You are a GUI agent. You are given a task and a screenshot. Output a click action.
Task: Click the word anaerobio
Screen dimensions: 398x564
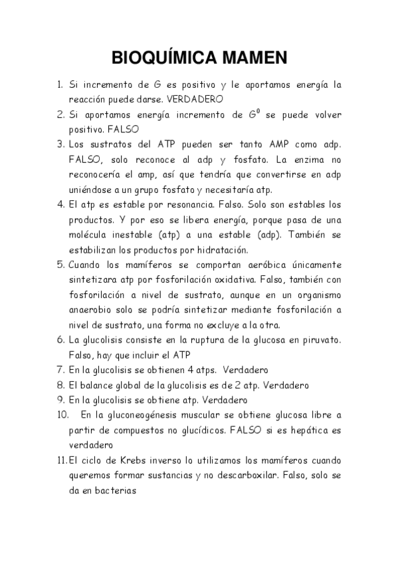pyautogui.click(x=92, y=309)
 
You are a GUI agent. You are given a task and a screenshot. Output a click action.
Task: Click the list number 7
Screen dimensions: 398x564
pyautogui.click(x=60, y=370)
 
